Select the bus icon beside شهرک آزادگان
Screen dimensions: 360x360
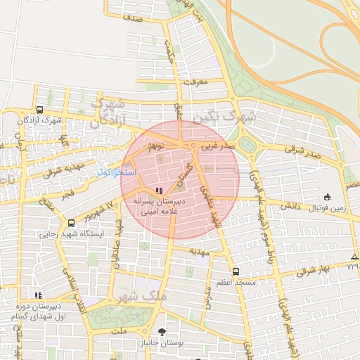(x=39, y=110)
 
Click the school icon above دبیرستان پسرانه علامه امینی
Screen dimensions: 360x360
(x=160, y=191)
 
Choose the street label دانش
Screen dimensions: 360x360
(x=291, y=207)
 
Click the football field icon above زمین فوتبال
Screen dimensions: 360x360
(x=328, y=197)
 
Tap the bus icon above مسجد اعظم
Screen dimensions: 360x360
(x=236, y=271)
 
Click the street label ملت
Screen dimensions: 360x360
(x=119, y=330)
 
